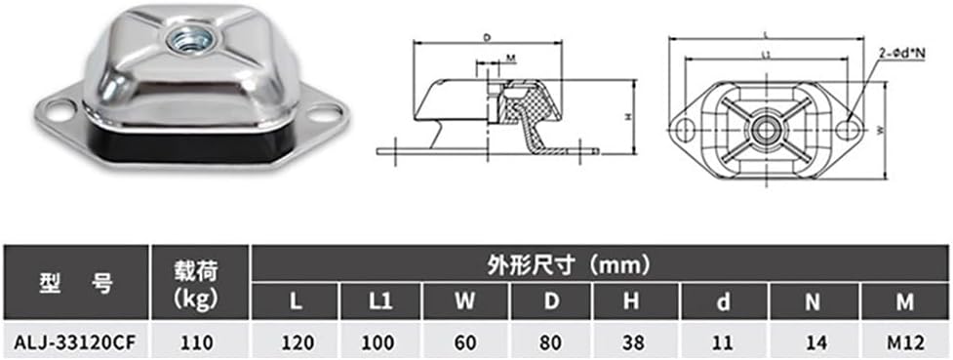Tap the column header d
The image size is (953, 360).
click(722, 301)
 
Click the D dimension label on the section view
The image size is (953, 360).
click(485, 38)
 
